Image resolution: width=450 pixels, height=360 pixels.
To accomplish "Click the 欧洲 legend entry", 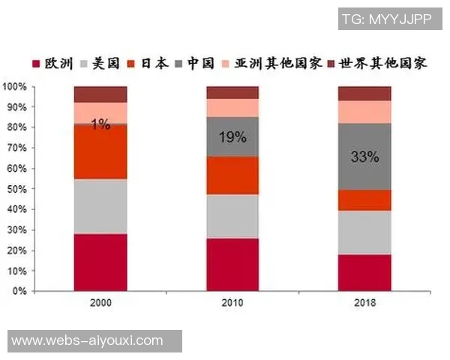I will point(52,63).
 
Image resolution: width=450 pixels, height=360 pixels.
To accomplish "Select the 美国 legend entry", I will point(105,63).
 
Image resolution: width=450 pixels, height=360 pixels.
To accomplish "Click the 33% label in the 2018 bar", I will point(364,158).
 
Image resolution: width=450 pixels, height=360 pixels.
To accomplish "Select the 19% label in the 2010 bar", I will point(233,136).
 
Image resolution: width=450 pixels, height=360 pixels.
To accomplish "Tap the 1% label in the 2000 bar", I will point(100,124).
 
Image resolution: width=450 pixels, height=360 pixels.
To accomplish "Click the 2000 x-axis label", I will point(100,304).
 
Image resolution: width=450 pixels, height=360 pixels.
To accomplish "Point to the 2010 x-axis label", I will point(233,304).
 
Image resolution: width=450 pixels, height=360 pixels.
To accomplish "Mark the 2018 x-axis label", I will point(364,304).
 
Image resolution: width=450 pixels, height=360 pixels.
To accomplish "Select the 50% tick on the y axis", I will point(17,189).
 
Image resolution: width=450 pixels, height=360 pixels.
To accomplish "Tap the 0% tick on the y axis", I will point(20,291).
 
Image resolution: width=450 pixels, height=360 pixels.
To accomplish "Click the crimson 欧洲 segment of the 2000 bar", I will point(100,262).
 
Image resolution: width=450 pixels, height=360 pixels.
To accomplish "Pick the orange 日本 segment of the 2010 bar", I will point(233,175).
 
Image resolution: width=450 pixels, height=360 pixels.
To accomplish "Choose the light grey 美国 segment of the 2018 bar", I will point(364,232).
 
